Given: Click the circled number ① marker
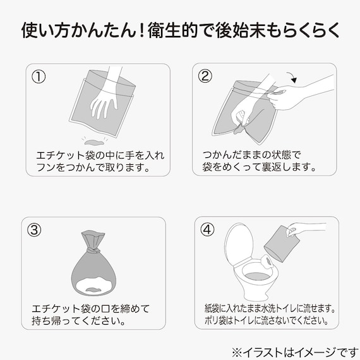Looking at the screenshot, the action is pos(39,76).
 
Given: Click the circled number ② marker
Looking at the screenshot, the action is pos(205,76).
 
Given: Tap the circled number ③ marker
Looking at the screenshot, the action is pos(34,230).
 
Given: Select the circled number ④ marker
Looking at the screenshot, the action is pos(207,229).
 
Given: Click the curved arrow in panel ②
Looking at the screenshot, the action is pos(292,76).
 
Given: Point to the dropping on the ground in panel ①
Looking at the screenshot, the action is pos(93,142).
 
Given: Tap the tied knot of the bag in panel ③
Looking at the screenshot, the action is pos(93,249).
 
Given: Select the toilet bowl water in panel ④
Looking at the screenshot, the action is pos(257,276).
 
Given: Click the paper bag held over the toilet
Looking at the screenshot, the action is pos(282,244).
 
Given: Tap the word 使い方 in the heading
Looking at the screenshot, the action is pos(46,30).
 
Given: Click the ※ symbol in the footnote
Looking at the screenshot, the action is pos(237,352).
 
